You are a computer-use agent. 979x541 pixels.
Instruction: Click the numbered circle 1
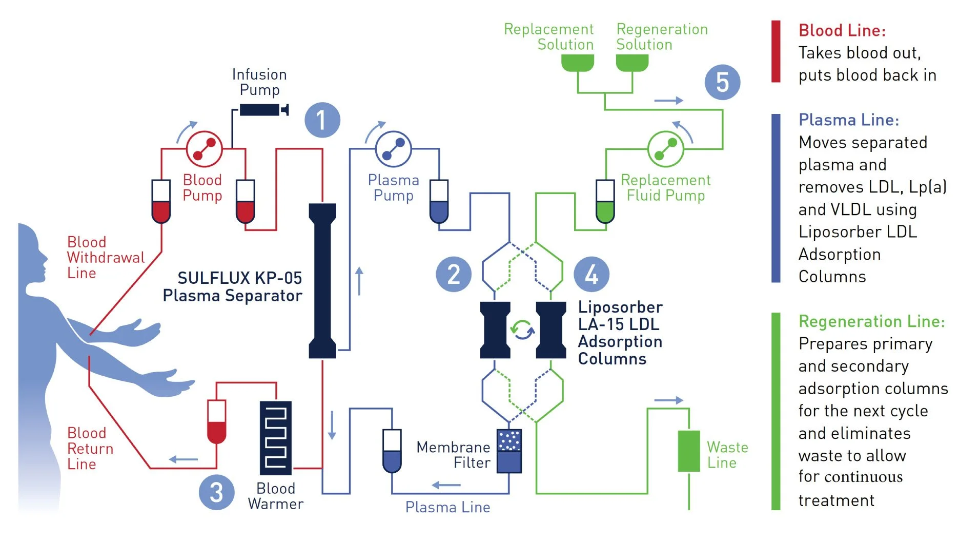point(322,120)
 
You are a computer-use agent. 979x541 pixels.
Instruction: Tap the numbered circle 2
point(453,274)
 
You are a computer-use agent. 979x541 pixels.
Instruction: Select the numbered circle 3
point(216,492)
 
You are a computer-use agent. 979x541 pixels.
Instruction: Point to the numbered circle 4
point(592,274)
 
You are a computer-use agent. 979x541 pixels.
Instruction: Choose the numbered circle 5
point(722,82)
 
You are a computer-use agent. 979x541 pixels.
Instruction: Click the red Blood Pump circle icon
point(204,149)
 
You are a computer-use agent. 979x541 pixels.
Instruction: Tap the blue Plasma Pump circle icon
point(393,149)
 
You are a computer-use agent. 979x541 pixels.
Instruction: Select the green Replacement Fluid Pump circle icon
point(665,149)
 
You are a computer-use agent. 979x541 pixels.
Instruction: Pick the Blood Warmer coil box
point(275,438)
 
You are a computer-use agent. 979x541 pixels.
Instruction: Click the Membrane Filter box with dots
point(509,451)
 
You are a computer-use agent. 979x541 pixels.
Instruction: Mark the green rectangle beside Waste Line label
point(688,451)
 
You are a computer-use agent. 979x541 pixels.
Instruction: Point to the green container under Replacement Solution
point(577,62)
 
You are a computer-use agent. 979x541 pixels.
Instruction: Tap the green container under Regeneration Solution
point(631,62)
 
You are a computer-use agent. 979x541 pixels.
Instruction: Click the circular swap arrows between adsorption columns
point(523,330)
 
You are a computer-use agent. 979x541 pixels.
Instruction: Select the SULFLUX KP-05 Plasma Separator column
point(322,281)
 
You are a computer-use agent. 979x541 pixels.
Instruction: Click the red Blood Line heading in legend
point(842,31)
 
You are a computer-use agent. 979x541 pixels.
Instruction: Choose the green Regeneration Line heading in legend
point(871,322)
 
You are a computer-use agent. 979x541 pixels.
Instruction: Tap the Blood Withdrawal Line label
point(106,258)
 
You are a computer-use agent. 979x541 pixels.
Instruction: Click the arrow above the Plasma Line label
point(446,485)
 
